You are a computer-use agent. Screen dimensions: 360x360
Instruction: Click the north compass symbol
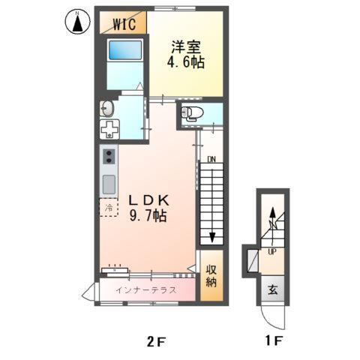76,22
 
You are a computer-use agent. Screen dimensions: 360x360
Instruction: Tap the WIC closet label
124,24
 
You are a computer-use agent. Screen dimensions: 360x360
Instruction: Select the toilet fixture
193,114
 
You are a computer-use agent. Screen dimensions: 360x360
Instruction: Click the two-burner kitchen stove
109,157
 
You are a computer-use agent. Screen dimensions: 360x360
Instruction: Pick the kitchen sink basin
109,183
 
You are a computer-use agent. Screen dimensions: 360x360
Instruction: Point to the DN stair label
211,160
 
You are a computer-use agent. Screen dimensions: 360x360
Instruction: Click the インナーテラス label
145,289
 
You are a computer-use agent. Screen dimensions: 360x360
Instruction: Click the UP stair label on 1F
271,251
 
